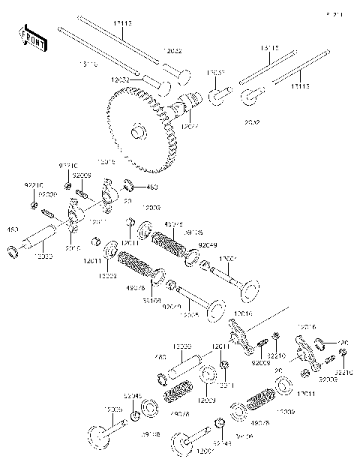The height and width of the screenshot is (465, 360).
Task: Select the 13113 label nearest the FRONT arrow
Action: click(121, 24)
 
